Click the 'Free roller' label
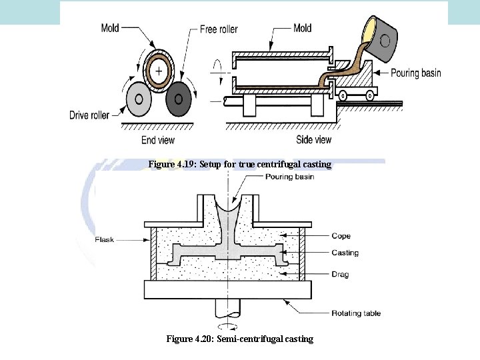218,30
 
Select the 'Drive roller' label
89,115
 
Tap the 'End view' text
158,140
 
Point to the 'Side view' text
313,140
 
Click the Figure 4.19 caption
239,164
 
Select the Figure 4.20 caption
239,339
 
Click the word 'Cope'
341,236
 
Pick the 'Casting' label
345,253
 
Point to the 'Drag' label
340,274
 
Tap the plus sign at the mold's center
159,70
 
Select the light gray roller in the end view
138,99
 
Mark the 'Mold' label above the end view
111,28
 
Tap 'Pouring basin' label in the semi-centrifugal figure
289,177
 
